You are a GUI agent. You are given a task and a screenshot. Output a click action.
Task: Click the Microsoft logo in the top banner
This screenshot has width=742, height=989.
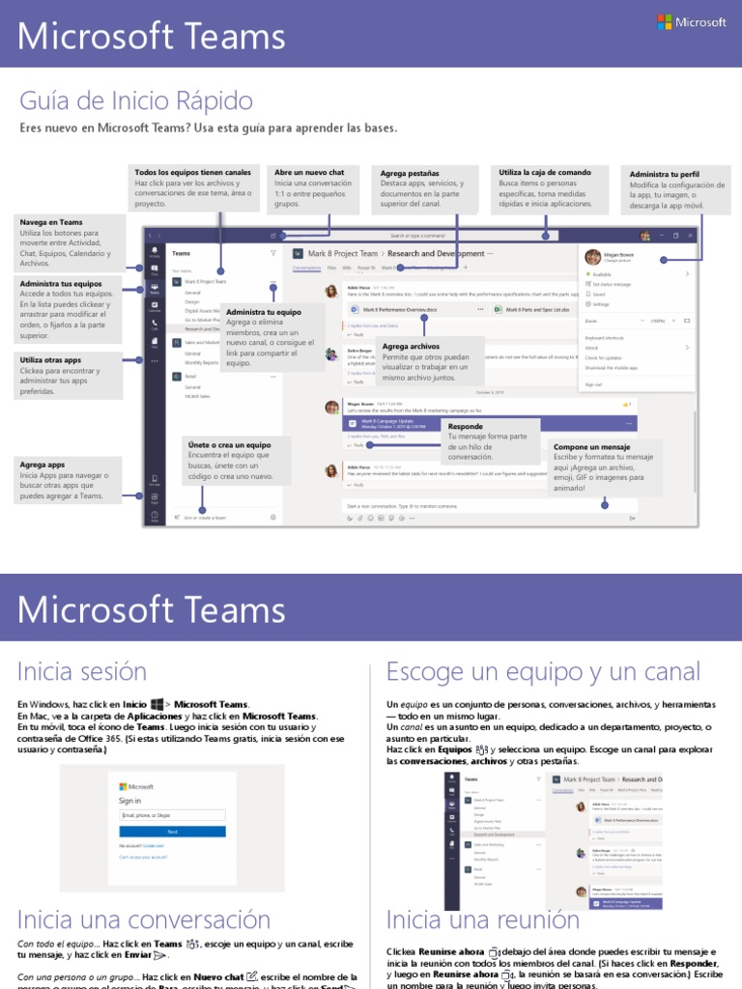point(691,21)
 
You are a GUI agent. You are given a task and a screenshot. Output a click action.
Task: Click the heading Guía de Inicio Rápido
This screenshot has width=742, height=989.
point(135,100)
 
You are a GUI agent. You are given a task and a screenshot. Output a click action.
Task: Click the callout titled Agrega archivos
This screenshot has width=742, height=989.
point(426,362)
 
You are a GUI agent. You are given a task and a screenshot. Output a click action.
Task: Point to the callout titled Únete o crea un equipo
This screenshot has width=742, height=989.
point(231,460)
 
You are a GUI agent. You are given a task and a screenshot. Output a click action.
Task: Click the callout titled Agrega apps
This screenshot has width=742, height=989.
point(69,479)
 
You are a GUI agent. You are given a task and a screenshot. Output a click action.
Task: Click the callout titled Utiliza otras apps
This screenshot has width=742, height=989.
point(69,376)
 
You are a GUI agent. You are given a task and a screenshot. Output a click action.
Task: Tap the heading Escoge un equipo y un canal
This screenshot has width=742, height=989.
point(543,670)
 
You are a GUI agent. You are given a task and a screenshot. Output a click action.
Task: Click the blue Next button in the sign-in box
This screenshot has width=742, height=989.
point(172,831)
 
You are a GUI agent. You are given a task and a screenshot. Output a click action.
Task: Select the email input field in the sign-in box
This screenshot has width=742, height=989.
point(172,816)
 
